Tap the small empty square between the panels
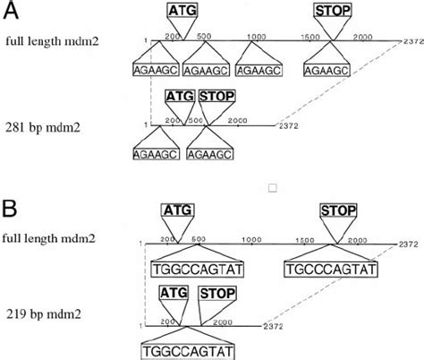coord(274,188)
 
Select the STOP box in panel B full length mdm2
coord(337,210)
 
